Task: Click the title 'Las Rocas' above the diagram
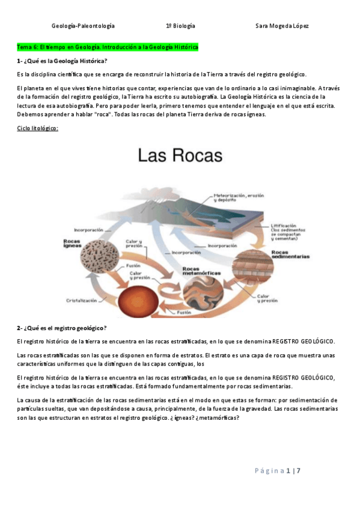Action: click(180, 156)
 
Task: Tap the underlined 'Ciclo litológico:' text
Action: click(37, 128)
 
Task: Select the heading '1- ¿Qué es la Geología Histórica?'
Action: click(63, 61)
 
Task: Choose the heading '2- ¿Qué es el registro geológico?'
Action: click(62, 328)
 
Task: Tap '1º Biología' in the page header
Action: click(180, 26)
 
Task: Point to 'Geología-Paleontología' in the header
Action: click(83, 26)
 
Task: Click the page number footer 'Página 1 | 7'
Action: click(276, 470)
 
